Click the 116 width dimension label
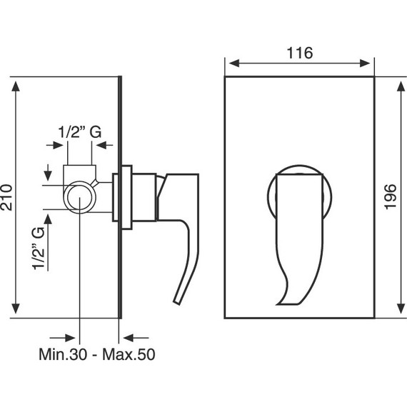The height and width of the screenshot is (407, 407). tap(300, 53)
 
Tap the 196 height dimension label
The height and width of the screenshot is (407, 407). tap(390, 197)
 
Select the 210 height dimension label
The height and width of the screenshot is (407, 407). tap(6, 198)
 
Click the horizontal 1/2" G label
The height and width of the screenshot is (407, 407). tap(80, 132)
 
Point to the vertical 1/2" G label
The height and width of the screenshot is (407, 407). tap(39, 248)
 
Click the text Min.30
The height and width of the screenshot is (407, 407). tap(63, 354)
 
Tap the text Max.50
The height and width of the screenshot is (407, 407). tap(129, 354)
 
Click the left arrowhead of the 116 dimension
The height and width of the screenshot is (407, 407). tap(234, 63)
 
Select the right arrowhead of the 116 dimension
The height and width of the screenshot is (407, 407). tap(365, 63)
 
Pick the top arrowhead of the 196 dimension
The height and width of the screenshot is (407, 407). tap(401, 86)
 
